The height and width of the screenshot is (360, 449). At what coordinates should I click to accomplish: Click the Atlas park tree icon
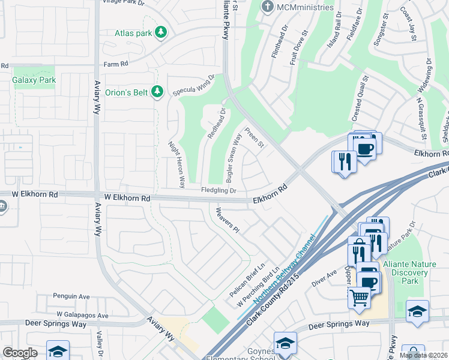pos(160,32)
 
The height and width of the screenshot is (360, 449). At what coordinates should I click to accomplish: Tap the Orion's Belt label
pos(126,92)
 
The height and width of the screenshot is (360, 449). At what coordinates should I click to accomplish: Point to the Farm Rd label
pos(116,64)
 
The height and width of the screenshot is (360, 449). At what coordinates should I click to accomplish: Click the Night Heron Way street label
pos(178,164)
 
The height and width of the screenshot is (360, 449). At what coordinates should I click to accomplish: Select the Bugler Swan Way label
pos(233,157)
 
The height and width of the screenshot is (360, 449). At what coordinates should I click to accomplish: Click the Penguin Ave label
pos(71,296)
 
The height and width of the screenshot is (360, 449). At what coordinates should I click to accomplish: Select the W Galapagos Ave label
pos(82,315)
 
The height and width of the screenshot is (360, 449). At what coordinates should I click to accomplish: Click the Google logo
pos(19,353)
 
